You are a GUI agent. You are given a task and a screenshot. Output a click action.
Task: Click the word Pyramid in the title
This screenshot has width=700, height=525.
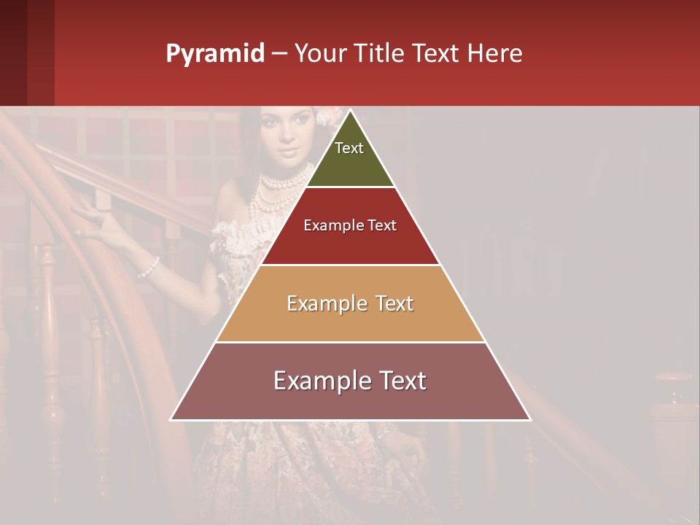(x=214, y=54)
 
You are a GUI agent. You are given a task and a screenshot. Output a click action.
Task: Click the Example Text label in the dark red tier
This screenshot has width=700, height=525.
(x=350, y=226)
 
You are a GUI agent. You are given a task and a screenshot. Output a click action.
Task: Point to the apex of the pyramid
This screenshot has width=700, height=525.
(x=351, y=111)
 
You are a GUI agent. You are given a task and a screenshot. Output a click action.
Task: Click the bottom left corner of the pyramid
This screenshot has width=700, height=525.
(x=171, y=419)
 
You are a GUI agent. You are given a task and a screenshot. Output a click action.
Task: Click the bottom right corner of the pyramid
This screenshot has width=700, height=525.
(x=529, y=419)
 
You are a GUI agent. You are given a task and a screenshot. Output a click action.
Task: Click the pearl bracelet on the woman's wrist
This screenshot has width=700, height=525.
(x=149, y=268)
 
